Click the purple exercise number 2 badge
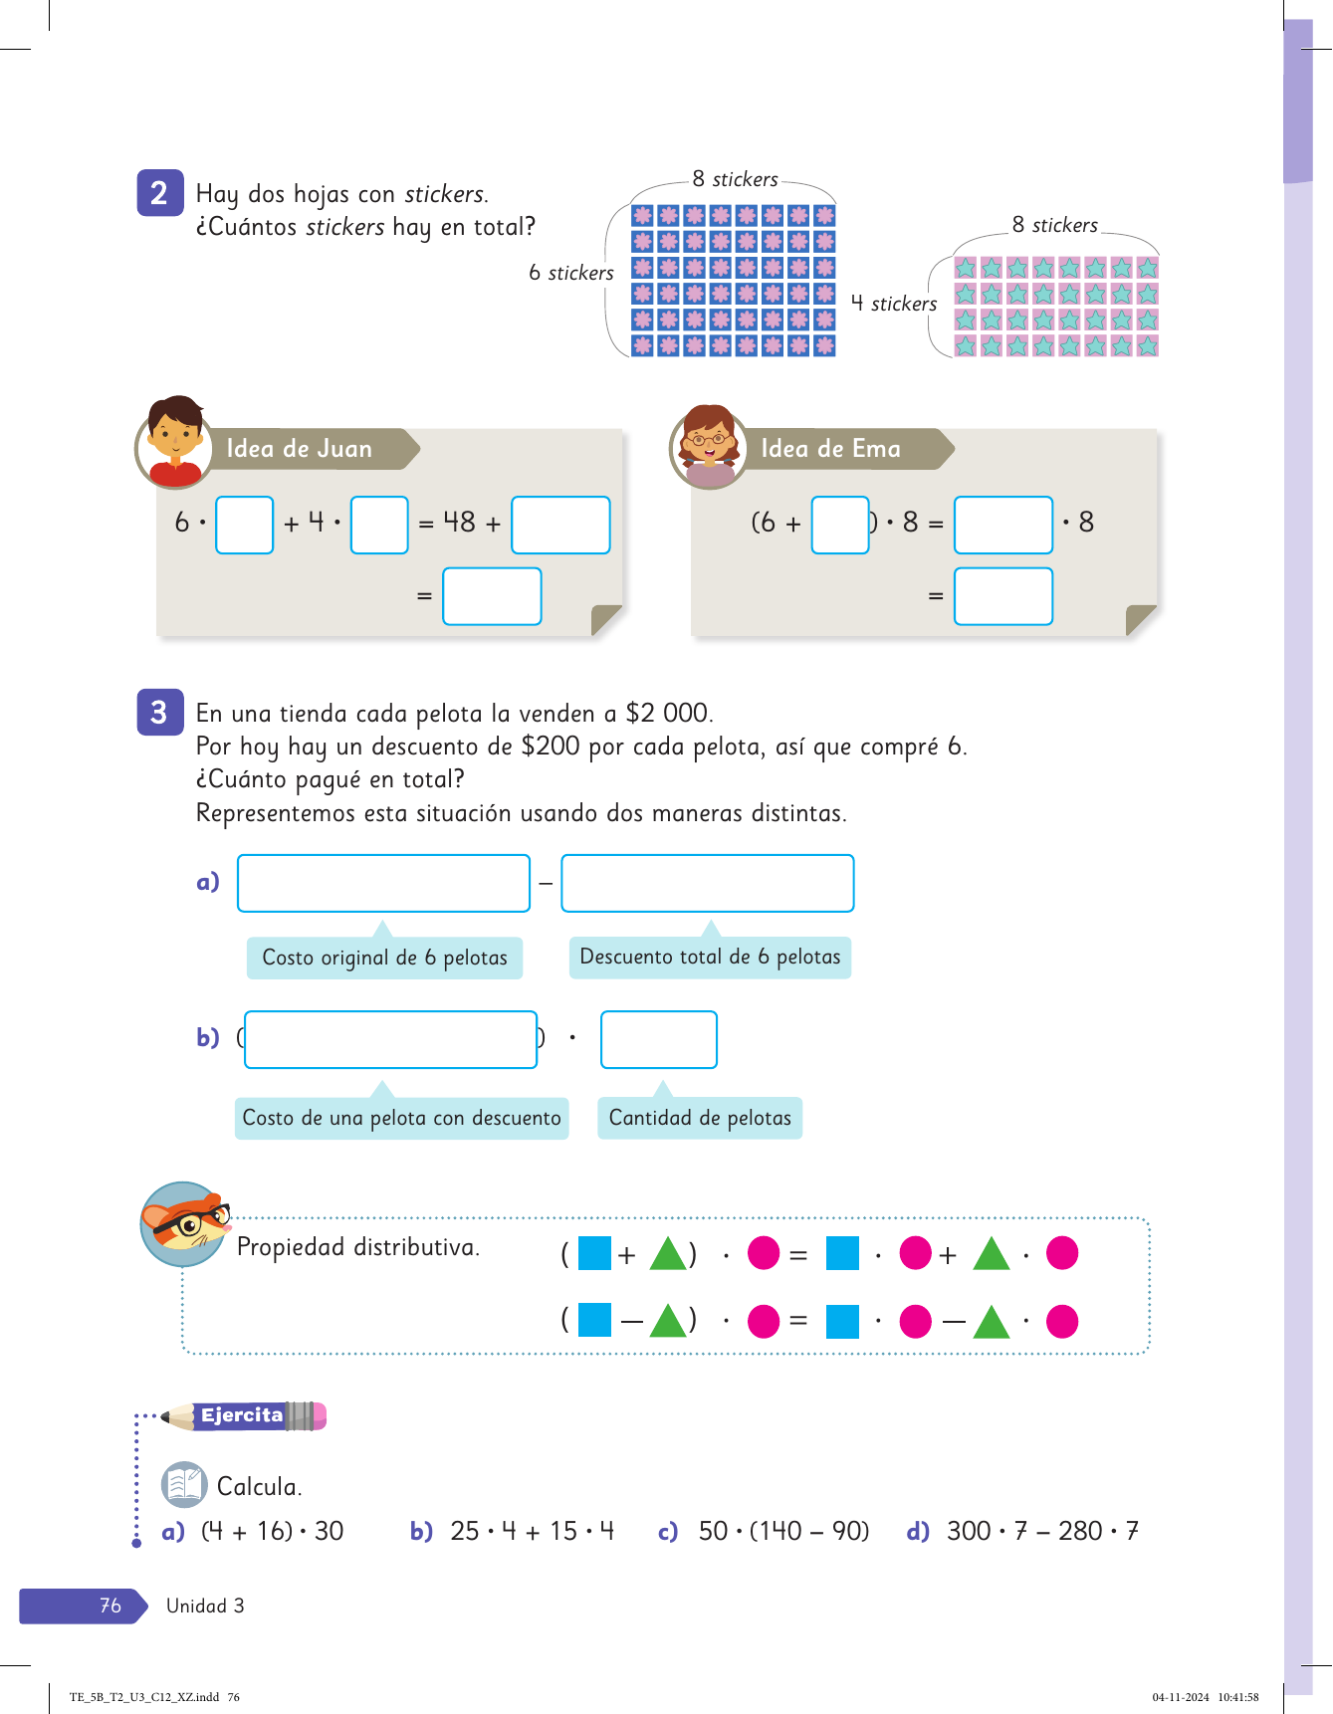click(159, 193)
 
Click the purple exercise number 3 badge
click(159, 713)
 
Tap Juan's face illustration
click(175, 440)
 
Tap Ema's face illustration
click(709, 444)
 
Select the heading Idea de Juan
click(299, 449)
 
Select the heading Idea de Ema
click(830, 449)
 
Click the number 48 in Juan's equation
click(459, 523)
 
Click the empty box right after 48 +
click(560, 525)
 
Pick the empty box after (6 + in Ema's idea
click(839, 525)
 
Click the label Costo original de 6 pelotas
click(384, 958)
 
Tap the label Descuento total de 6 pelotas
click(710, 957)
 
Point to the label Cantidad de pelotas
click(700, 1118)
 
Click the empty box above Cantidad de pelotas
click(658, 1039)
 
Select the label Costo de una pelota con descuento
click(401, 1118)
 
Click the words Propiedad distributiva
click(358, 1247)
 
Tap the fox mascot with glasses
click(185, 1223)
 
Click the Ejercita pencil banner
click(243, 1415)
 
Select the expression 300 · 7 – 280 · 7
click(1042, 1531)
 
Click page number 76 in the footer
click(110, 1606)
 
